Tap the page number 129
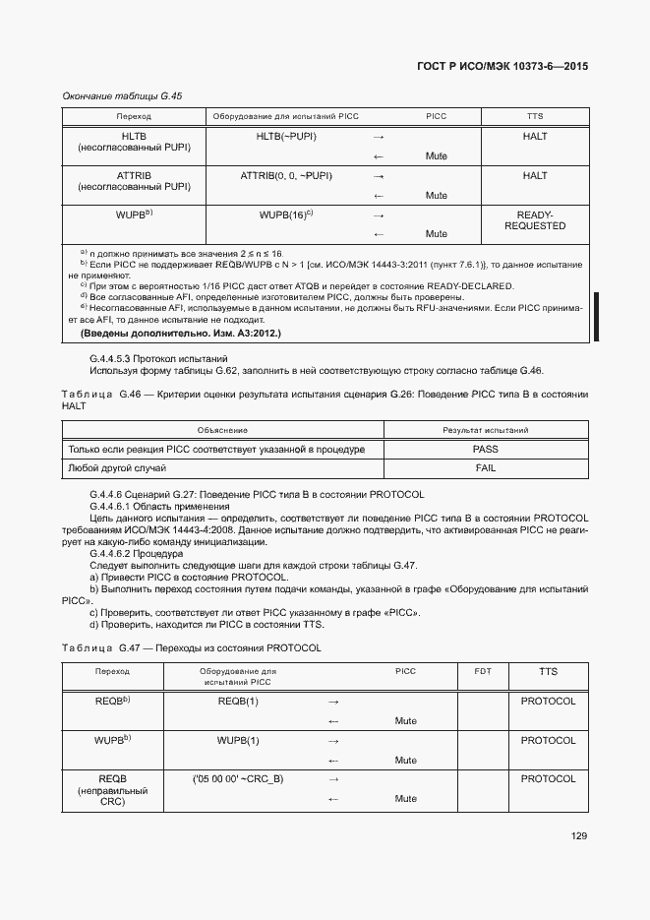pos(578,836)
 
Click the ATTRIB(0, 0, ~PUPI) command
pos(285,176)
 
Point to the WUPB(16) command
pos(285,215)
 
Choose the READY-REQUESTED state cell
pos(534,220)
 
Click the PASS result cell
pos(485,449)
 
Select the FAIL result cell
pos(485,468)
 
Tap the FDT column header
pos(482,671)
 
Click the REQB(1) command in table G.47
pos(238,702)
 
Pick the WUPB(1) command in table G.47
pos(238,740)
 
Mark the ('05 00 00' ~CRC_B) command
pos(238,779)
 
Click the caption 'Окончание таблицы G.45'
pos(122,96)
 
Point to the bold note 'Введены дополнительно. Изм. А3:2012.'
pos(180,334)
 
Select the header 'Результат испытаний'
pos(485,430)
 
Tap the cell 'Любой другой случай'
pos(116,468)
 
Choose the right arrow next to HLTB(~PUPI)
pos(379,137)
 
